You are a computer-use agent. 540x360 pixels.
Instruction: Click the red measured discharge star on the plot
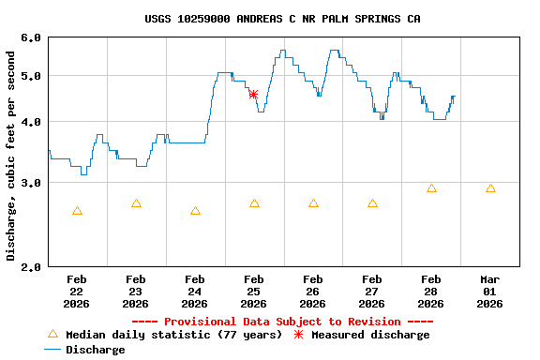point(253,94)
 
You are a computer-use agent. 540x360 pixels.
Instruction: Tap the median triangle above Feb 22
point(77,211)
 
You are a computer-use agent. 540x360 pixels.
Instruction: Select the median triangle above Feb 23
point(136,203)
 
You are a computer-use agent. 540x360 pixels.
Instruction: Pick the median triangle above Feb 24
point(195,211)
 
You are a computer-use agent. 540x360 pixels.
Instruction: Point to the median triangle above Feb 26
point(313,203)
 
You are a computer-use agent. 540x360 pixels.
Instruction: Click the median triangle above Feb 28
point(431,188)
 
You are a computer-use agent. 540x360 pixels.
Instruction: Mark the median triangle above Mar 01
point(490,188)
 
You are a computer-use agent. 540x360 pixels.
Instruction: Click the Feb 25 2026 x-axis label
point(253,291)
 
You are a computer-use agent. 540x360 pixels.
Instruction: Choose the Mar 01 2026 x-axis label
point(490,291)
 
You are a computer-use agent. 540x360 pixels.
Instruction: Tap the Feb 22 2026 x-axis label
point(77,291)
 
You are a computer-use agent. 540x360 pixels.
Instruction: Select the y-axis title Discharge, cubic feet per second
point(11,156)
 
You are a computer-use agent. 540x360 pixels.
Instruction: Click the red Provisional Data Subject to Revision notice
point(282,322)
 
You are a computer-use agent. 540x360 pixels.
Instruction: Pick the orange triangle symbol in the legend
point(52,334)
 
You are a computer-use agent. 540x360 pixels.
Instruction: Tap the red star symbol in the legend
point(298,335)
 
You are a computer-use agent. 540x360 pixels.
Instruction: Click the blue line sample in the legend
point(52,350)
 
